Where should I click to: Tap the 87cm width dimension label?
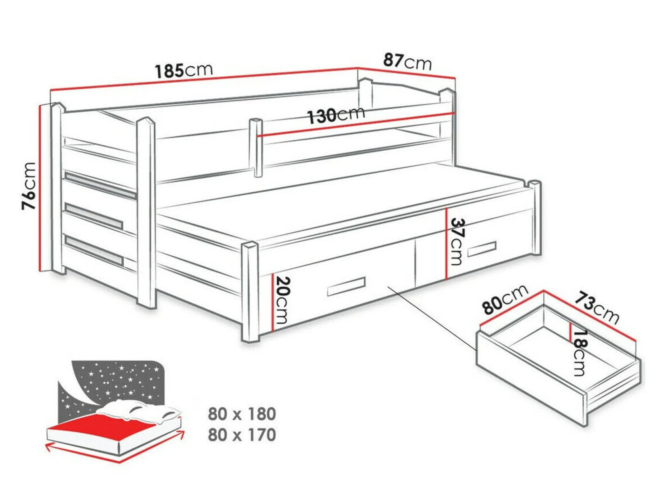pos(407,62)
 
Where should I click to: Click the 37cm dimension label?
pos(457,242)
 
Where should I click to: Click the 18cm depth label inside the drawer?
pos(580,353)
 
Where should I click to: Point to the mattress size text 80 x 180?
pos(242,414)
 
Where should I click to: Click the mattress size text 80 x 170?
pos(242,435)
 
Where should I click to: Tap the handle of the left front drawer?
pos(346,286)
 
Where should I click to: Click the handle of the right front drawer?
pos(482,249)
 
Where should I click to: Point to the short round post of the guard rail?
pos(255,148)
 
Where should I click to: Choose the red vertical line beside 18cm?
pos(570,332)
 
